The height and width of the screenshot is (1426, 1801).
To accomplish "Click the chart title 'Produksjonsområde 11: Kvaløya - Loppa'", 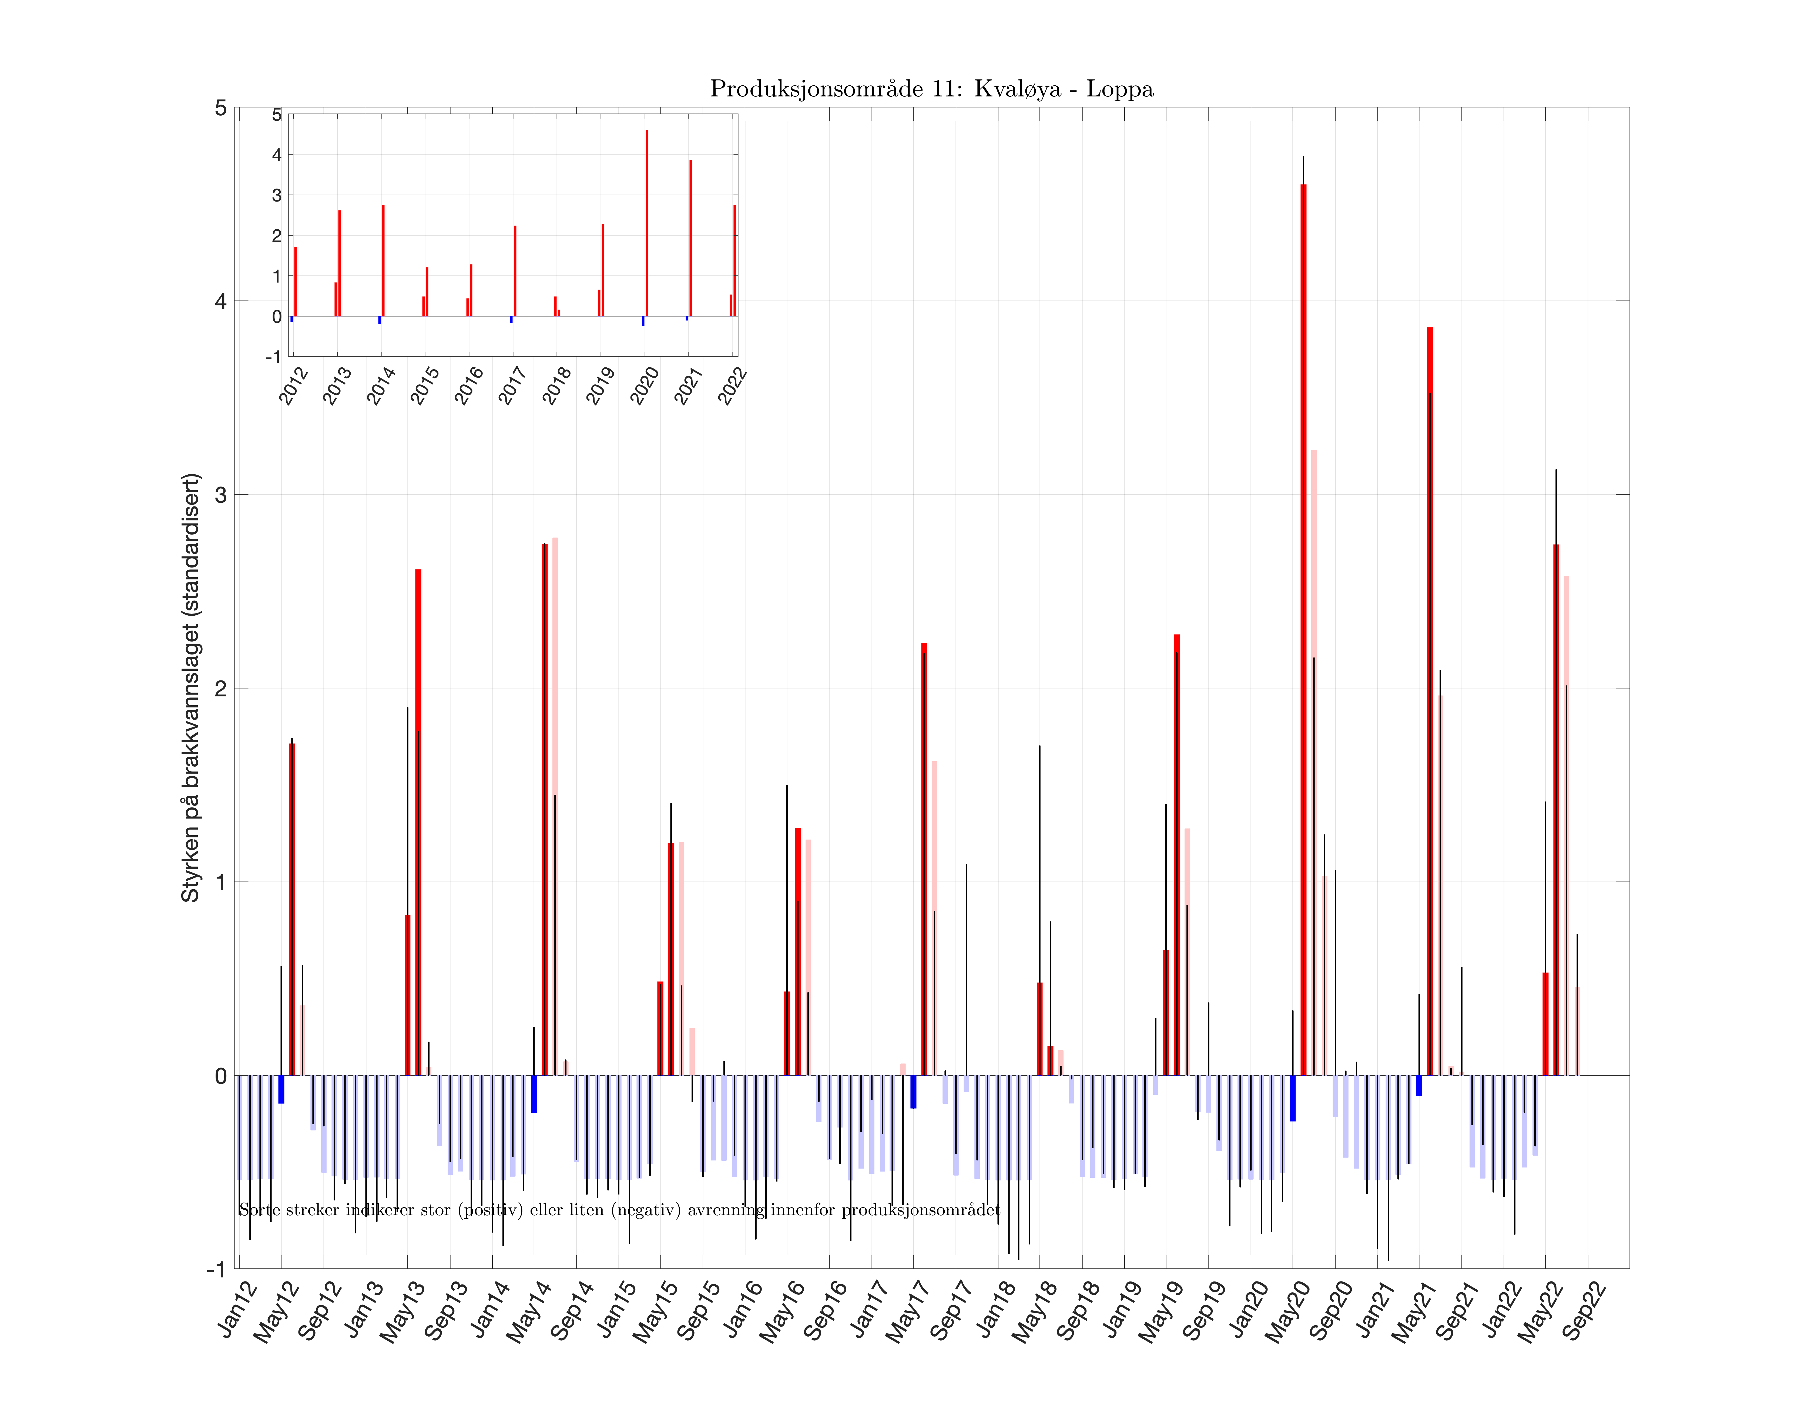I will (931, 89).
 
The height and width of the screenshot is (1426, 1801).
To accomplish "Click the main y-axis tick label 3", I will (220, 494).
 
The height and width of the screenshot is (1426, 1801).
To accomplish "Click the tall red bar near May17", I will (923, 860).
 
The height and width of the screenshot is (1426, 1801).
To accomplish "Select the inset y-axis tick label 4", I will (276, 155).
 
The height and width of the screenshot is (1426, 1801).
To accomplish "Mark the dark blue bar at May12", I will (281, 1089).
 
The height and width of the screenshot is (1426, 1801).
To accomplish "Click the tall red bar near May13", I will (418, 822).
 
